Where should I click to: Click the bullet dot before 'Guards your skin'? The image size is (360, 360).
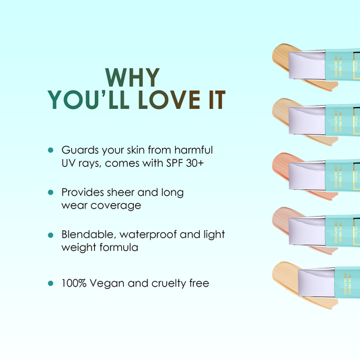click(x=50, y=149)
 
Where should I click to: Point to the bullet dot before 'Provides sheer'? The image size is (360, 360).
click(x=50, y=192)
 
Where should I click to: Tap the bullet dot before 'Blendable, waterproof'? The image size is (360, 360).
click(x=50, y=236)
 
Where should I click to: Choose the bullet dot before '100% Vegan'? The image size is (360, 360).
click(x=50, y=284)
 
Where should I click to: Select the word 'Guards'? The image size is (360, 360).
click(x=79, y=149)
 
